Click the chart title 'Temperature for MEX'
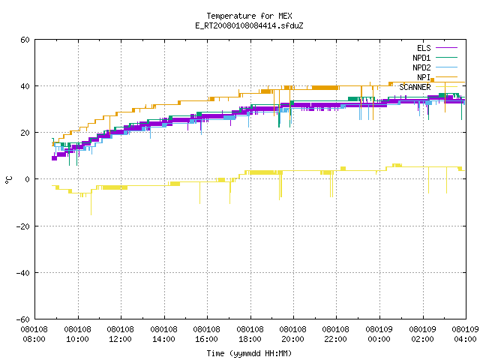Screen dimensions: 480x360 [249, 16]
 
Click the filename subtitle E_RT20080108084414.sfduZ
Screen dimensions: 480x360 [249, 25]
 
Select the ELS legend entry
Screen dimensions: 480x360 [436, 48]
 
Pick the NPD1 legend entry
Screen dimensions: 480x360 [435, 58]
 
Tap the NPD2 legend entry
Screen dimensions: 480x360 [435, 67]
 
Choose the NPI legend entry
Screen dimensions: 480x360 [436, 77]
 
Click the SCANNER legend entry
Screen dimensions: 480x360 [428, 87]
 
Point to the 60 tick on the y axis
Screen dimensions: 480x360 [25, 40]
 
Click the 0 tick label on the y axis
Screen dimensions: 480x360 [27, 179]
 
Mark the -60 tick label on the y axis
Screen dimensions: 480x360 [23, 319]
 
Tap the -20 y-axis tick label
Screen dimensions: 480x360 [23, 226]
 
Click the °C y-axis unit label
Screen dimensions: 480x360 [9, 180]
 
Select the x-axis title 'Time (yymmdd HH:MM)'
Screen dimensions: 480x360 [249, 353]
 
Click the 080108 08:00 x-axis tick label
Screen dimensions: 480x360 [34, 334]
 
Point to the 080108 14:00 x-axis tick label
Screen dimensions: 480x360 [163, 334]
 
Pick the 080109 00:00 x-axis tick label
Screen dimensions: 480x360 [379, 334]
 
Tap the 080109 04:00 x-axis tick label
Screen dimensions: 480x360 [465, 334]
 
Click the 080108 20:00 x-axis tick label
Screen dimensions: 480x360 [293, 334]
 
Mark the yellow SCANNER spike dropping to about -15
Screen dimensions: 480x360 [91, 203]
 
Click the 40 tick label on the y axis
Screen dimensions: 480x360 [25, 86]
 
